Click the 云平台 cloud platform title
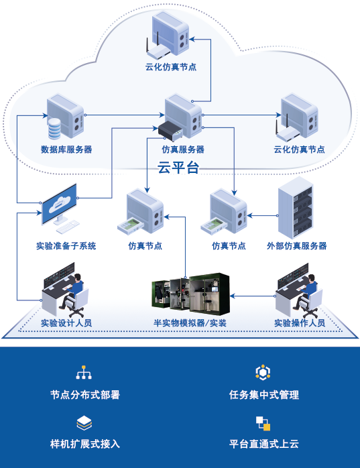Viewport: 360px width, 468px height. pyautogui.click(x=178, y=167)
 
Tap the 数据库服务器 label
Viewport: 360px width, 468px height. pyautogui.click(x=66, y=150)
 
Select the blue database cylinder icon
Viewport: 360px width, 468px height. pyautogui.click(x=54, y=128)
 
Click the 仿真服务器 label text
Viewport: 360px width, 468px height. pyautogui.click(x=183, y=150)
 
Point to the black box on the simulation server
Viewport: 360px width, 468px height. pyautogui.click(x=170, y=131)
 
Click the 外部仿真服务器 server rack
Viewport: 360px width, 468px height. pyautogui.click(x=296, y=208)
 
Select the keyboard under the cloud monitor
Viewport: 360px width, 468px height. pyautogui.click(x=68, y=227)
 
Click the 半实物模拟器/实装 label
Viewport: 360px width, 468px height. pyautogui.click(x=190, y=323)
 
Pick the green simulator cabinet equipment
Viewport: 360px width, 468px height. pyautogui.click(x=191, y=294)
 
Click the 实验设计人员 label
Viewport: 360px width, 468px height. pyautogui.click(x=66, y=323)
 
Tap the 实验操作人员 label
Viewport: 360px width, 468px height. pyautogui.click(x=300, y=323)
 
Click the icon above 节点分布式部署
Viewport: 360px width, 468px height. pyautogui.click(x=84, y=372)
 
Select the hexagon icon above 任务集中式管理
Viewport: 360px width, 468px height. pyautogui.click(x=263, y=372)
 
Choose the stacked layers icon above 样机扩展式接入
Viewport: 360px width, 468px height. pyautogui.click(x=84, y=422)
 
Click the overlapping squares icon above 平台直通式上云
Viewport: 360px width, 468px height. pyautogui.click(x=263, y=424)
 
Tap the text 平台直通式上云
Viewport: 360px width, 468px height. pyautogui.click(x=264, y=444)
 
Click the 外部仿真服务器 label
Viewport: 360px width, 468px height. pyautogui.click(x=297, y=246)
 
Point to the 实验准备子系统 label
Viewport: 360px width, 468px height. pyautogui.click(x=66, y=246)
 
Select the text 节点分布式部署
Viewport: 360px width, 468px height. pyautogui.click(x=85, y=394)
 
